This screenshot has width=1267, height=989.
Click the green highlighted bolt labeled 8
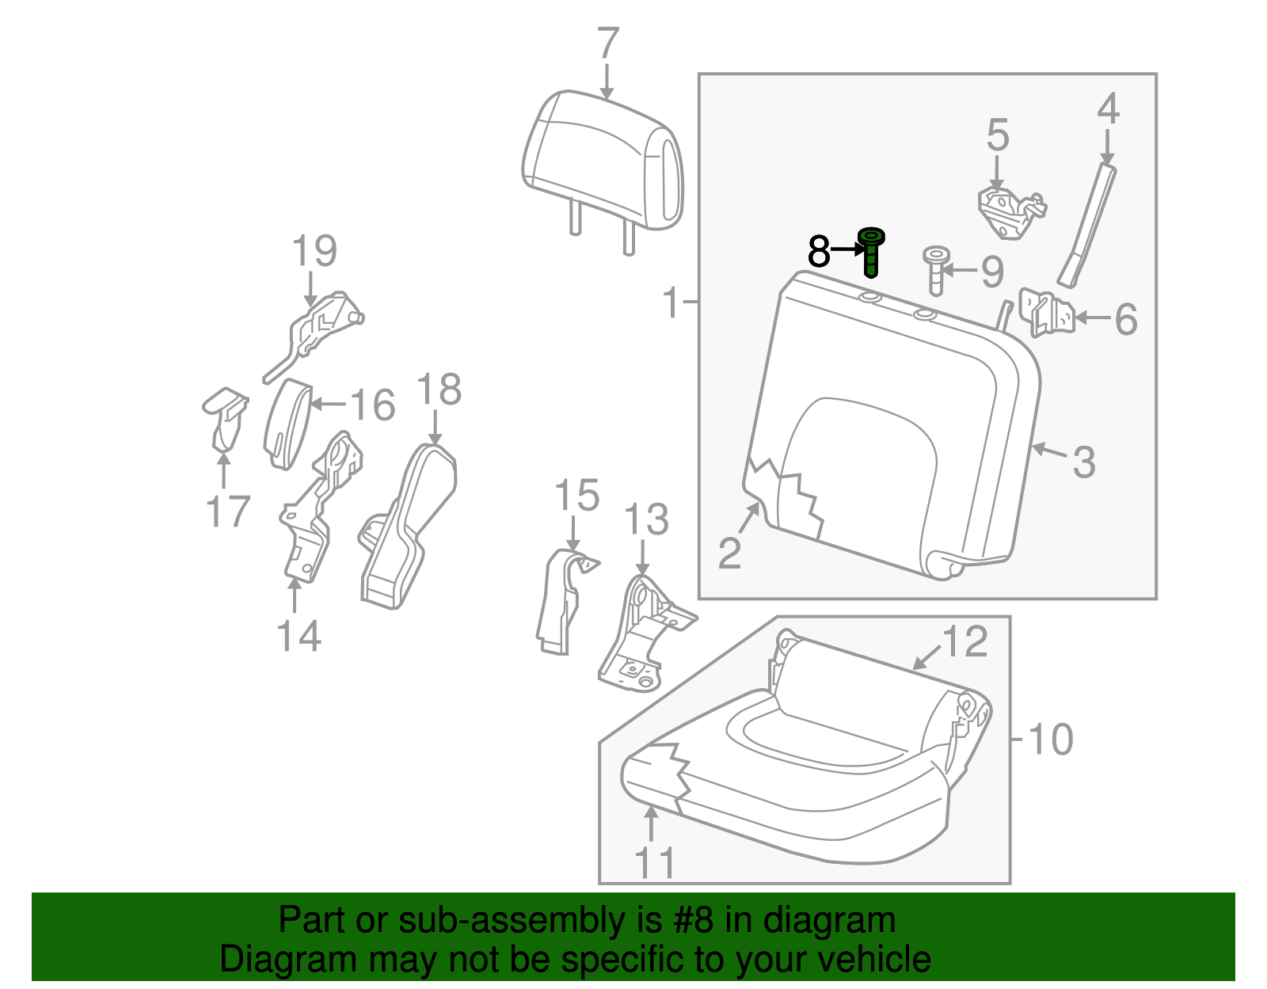(x=871, y=253)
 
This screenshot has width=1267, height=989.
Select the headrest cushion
(x=602, y=158)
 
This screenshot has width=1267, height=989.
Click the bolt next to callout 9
(x=936, y=269)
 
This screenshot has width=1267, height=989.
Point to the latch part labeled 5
(x=1010, y=211)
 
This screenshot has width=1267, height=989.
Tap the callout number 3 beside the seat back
(x=1084, y=462)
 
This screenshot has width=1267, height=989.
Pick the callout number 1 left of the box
(x=672, y=302)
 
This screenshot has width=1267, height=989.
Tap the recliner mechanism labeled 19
(x=321, y=329)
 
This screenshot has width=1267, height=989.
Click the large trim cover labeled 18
(x=408, y=527)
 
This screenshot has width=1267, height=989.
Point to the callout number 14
(x=299, y=636)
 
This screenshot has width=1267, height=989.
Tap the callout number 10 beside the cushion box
(x=1050, y=740)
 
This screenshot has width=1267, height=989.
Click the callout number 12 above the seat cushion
(x=965, y=641)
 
